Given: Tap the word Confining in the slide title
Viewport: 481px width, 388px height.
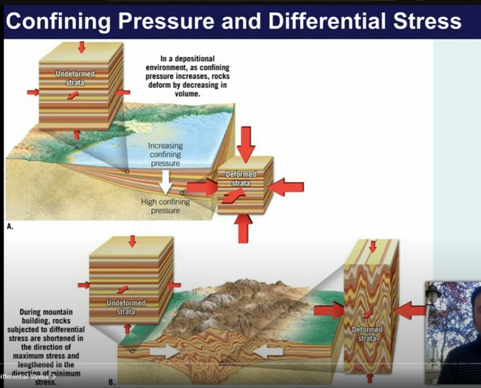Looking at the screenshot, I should click(58, 22).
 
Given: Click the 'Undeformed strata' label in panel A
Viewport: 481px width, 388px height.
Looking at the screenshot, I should click(73, 78).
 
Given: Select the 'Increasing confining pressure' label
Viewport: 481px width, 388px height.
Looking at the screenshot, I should click(164, 155).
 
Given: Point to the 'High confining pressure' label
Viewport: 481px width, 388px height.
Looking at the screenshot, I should click(165, 206).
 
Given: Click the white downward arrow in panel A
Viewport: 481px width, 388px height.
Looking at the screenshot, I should click(164, 182).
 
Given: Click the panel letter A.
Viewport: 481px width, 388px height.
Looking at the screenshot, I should click(10, 227).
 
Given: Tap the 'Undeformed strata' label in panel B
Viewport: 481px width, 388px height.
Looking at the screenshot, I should click(126, 307).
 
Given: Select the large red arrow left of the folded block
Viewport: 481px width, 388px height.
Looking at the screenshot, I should click(328, 310).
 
